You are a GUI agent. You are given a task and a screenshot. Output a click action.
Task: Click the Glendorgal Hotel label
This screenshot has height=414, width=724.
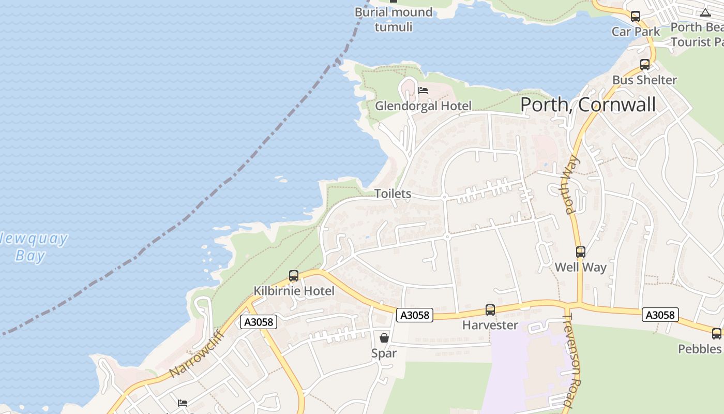tap(423, 106)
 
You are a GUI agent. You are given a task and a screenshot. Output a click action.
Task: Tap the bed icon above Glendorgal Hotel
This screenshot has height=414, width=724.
tap(423, 91)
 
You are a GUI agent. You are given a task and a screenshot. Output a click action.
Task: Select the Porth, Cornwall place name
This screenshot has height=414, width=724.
tap(587, 105)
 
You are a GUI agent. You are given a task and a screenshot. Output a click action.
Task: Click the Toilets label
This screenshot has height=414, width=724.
tap(393, 194)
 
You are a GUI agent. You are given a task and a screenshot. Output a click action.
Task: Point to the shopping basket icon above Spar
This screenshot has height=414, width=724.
tap(384, 338)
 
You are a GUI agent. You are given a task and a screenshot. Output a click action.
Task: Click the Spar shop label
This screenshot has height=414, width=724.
tap(384, 353)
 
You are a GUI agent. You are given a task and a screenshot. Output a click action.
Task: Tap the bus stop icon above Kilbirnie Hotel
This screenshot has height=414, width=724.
tap(294, 276)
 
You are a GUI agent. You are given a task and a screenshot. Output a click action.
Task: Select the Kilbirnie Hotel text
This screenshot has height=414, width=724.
tap(294, 291)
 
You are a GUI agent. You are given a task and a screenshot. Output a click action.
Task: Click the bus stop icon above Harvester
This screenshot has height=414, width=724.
tap(490, 310)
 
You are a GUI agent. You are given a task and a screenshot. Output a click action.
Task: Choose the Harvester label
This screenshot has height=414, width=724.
tap(490, 325)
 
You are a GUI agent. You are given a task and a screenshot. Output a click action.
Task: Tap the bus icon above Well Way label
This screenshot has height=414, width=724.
tap(581, 252)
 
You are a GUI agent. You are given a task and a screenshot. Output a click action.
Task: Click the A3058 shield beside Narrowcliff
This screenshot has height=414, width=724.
tap(259, 322)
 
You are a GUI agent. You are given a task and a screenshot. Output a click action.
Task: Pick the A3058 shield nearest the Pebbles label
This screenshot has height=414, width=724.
tap(660, 315)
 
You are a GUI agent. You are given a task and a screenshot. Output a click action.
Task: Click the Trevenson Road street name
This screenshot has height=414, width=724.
tap(575, 360)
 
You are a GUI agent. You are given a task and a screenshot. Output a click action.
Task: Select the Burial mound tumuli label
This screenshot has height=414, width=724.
tap(394, 19)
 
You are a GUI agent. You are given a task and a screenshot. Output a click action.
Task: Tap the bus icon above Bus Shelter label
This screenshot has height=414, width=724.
tap(645, 65)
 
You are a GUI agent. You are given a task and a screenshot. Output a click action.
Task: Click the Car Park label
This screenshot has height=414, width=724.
tap(636, 32)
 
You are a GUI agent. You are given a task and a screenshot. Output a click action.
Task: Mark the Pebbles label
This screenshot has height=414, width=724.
tap(700, 349)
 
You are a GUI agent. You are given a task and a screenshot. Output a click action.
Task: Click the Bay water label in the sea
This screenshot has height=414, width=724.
tap(30, 256)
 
